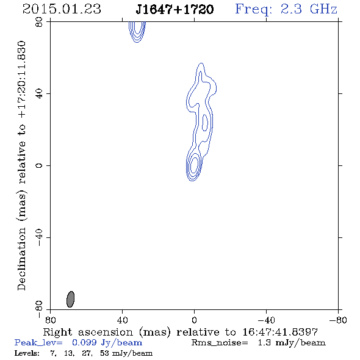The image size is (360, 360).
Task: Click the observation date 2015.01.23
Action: click(62, 9)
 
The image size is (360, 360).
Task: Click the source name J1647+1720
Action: click(175, 10)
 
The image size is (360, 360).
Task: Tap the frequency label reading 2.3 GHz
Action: click(309, 9)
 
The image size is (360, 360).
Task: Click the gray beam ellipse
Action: click(71, 299)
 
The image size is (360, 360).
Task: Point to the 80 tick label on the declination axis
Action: click(39, 22)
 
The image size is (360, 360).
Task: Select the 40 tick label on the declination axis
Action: click(39, 94)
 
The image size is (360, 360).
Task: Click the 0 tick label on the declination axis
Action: click(39, 165)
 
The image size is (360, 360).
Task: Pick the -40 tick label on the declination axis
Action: click(39, 237)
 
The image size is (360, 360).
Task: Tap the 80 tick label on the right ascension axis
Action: click(50, 320)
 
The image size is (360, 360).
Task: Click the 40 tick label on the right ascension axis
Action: click(122, 320)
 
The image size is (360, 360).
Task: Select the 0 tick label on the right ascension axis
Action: click(194, 320)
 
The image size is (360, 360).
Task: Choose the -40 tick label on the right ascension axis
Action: click(266, 320)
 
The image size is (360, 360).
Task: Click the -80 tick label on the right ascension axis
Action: click(338, 320)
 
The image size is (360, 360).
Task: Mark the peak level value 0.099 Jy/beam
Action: click(107, 343)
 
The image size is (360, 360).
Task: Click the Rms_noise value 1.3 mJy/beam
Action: click(292, 343)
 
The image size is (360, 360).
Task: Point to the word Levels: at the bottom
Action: click(27, 353)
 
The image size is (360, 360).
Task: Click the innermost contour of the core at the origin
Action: click(194, 165)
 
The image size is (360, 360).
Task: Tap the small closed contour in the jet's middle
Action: click(205, 123)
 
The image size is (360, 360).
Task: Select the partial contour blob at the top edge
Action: click(137, 32)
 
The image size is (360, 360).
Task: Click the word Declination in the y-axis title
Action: click(21, 259)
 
